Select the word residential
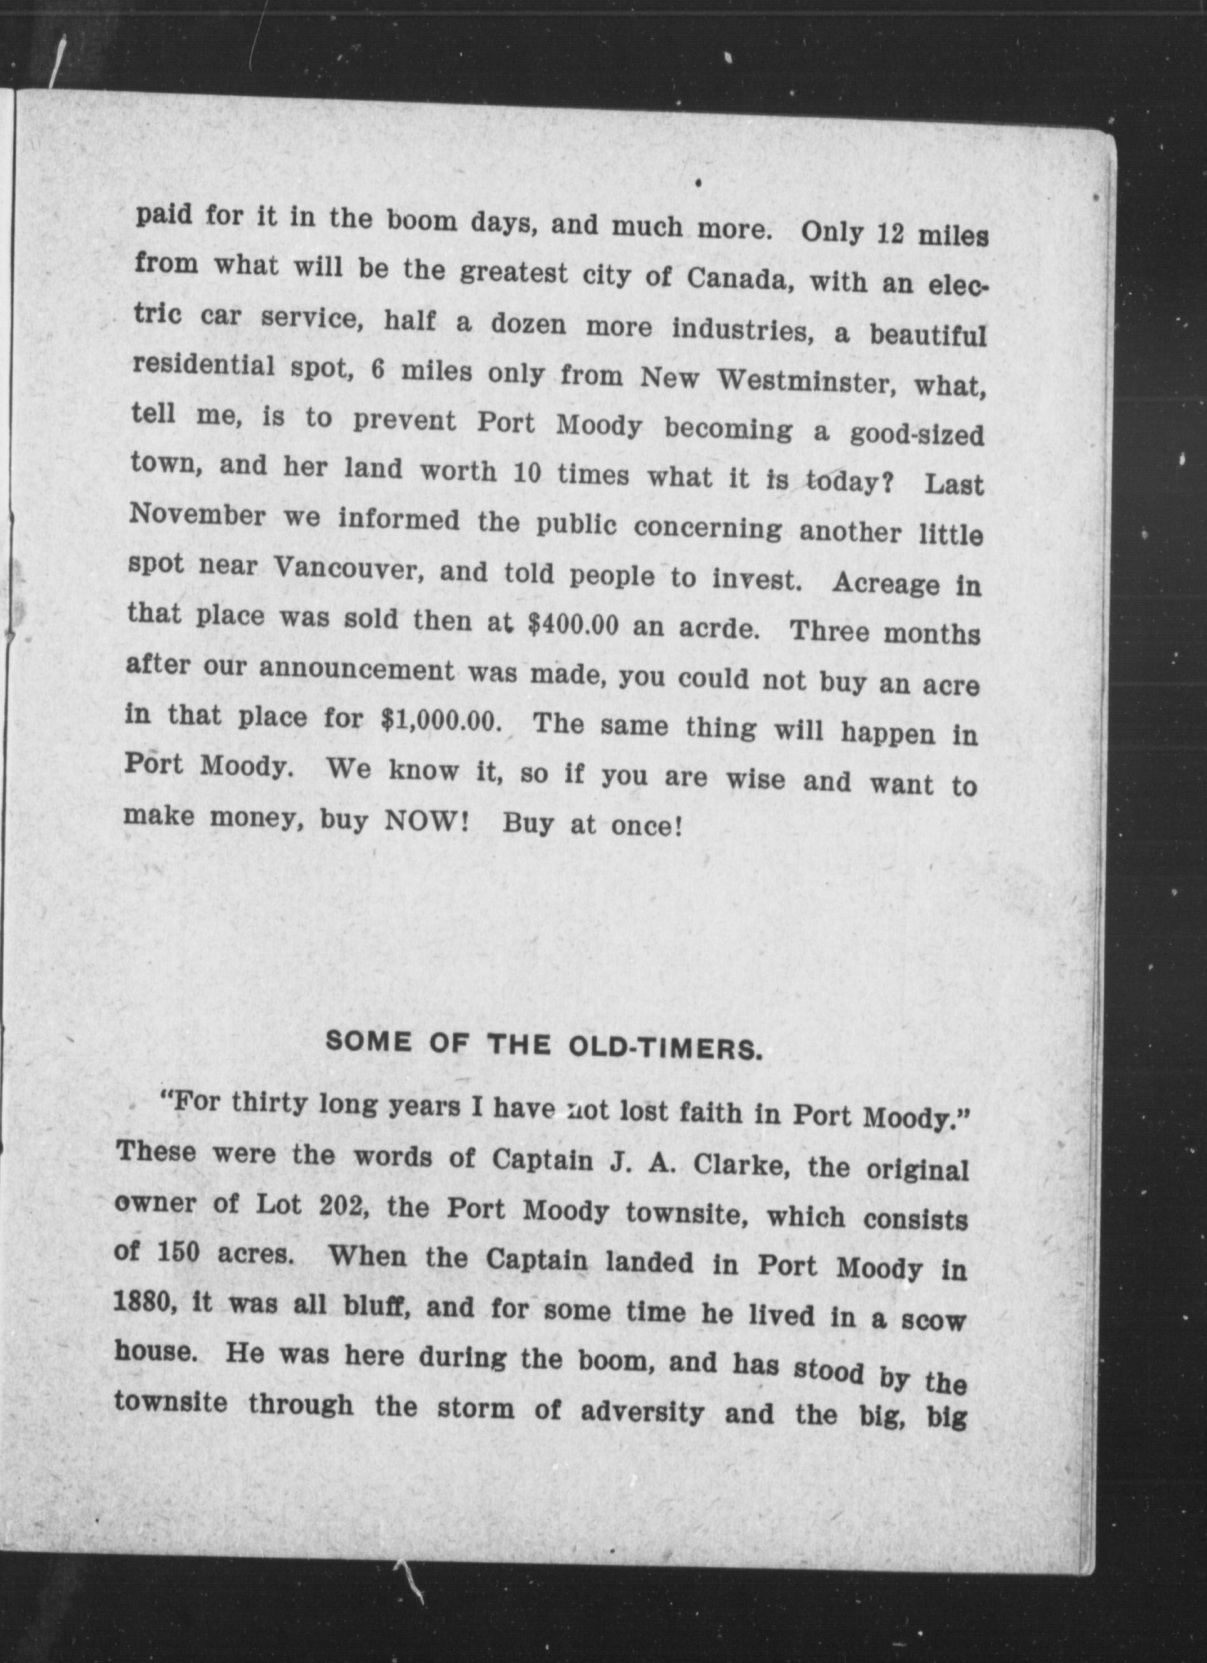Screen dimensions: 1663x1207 pyautogui.click(x=203, y=365)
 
